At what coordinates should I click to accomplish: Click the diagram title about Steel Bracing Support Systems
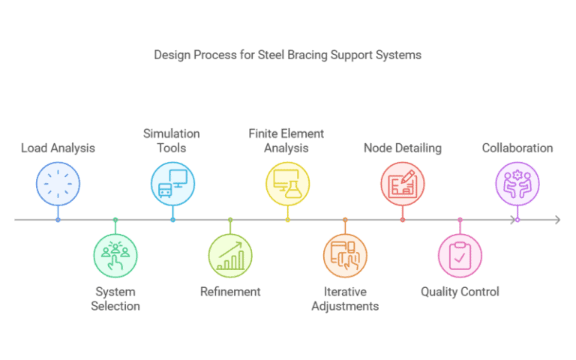[288, 55]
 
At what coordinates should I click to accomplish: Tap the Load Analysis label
[58, 148]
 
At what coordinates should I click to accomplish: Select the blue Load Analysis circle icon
[58, 183]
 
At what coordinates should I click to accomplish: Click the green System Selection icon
[115, 256]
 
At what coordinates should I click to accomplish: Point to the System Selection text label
[115, 298]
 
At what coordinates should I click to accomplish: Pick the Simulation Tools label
[172, 140]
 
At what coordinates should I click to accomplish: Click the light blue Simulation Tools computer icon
[172, 183]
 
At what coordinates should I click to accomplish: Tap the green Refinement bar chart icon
[230, 256]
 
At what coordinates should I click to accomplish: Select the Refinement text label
[230, 292]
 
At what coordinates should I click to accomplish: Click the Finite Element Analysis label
[286, 140]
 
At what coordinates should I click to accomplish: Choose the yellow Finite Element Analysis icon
[287, 183]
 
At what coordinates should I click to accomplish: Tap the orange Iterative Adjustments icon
[345, 256]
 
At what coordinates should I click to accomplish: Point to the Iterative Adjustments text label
[345, 298]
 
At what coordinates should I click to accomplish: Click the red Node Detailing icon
[403, 183]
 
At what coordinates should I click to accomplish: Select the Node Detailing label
[402, 148]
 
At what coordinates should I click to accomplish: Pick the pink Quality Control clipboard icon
[460, 256]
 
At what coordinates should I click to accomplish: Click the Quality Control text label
[460, 292]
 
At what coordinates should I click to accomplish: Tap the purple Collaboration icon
[517, 183]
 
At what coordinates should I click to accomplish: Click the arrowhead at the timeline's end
[556, 220]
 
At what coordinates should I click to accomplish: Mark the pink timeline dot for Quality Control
[460, 220]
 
